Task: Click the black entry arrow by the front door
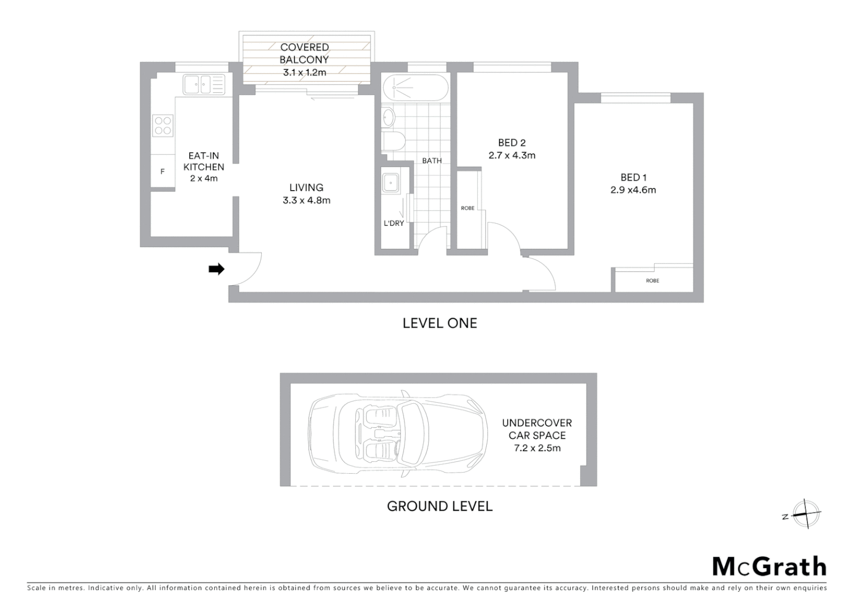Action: coord(216,270)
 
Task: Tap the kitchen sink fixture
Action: coord(203,84)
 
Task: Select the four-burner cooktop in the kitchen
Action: coord(163,125)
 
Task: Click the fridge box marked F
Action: coord(163,172)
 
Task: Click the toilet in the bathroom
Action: coord(393,141)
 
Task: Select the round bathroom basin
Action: coord(389,117)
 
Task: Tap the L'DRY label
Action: coord(393,223)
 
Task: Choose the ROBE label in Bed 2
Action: coord(468,208)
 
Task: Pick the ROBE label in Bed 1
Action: coord(652,281)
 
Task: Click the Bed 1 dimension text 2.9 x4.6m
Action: coord(633,190)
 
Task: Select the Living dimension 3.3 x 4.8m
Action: coord(306,200)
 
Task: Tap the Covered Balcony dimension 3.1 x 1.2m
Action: coord(304,72)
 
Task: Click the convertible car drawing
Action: coord(397,435)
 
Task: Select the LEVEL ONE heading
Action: coord(440,323)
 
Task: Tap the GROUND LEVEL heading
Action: coord(440,506)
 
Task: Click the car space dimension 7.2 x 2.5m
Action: coord(537,448)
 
